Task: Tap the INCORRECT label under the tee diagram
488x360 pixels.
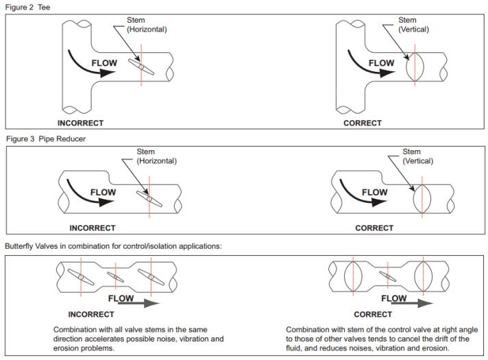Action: [x=80, y=123]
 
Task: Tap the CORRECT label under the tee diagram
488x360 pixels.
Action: [x=363, y=123]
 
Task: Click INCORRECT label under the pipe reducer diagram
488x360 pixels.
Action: [x=93, y=228]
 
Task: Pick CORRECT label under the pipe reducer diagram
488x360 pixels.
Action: [x=374, y=228]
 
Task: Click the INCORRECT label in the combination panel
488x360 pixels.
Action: [x=91, y=314]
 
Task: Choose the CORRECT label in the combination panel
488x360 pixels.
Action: [x=373, y=314]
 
